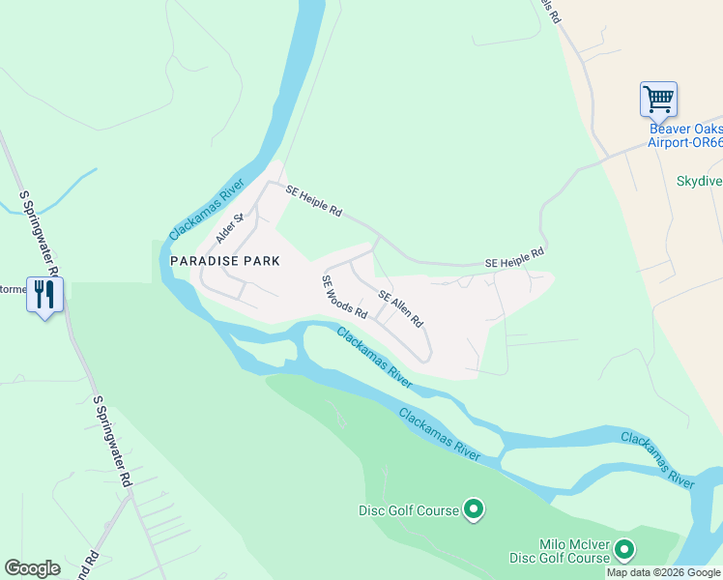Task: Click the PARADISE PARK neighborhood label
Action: (225, 261)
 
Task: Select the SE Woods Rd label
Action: (345, 297)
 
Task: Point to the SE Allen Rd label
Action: (400, 307)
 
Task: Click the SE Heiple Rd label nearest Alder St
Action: (314, 201)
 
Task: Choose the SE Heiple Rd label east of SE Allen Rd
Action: (514, 257)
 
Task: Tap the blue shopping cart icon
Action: (658, 99)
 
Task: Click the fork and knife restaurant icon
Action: (43, 293)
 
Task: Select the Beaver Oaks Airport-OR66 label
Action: (685, 135)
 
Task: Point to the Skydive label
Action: (699, 181)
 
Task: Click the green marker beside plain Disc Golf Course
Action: (474, 508)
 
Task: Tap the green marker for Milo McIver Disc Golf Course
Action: (624, 551)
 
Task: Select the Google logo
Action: (32, 568)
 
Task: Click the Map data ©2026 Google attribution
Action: (664, 572)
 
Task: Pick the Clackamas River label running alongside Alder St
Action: (206, 214)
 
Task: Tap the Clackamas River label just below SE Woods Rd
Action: (375, 358)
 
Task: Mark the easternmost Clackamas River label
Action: (657, 459)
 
